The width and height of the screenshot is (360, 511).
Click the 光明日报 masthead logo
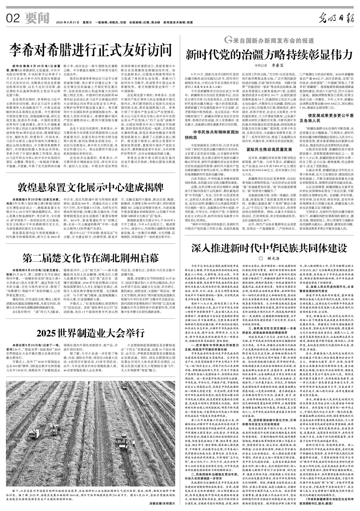tap(335, 19)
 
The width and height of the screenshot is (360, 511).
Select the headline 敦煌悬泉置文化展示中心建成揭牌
tap(91, 188)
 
